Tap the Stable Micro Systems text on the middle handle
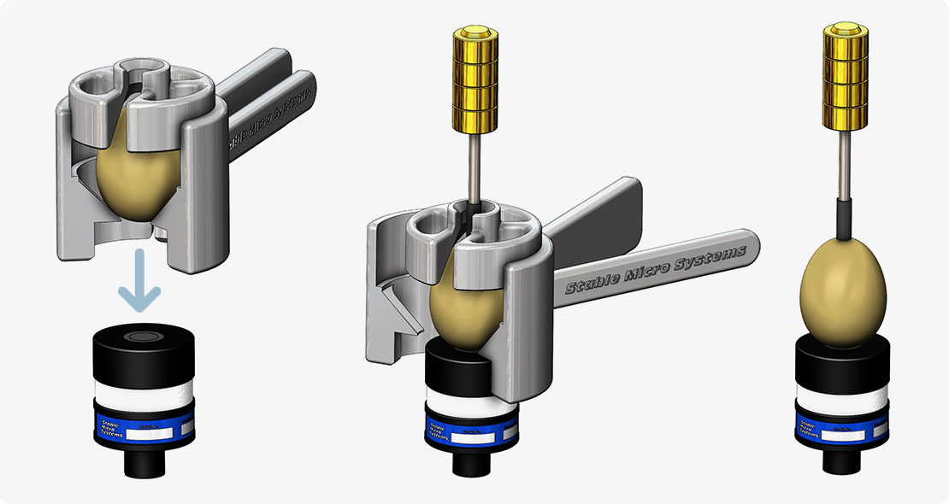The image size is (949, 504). (654, 269)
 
